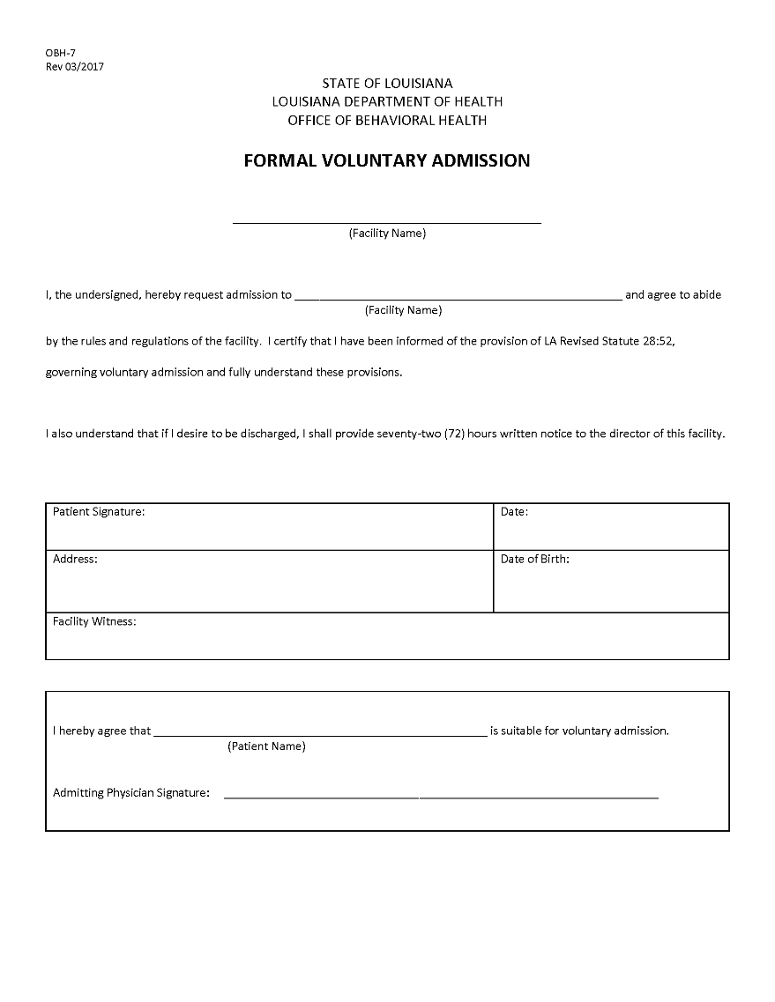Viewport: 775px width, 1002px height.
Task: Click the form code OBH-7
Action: coord(61,53)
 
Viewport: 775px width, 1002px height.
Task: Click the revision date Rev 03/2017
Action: coord(75,66)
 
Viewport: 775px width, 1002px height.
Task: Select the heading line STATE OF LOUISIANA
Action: coord(387,84)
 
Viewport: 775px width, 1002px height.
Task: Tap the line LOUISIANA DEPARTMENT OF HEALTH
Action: coord(387,102)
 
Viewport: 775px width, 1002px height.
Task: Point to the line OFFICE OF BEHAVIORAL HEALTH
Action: coord(387,121)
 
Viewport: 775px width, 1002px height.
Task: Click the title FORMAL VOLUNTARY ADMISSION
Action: coord(387,160)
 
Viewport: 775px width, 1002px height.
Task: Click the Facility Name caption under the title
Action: coord(387,234)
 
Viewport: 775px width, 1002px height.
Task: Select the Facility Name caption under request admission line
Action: coord(403,310)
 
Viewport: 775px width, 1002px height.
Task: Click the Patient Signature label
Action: coord(99,512)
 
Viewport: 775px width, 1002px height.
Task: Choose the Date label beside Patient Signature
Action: coord(514,512)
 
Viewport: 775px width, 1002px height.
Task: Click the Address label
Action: coord(75,560)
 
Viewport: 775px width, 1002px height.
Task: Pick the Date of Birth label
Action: coord(534,560)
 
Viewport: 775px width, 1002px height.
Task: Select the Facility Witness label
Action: coord(94,622)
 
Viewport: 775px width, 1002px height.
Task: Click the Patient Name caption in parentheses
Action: coord(266,746)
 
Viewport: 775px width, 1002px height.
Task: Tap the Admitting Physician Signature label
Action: coord(131,793)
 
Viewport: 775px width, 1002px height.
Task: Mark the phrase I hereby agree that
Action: coord(102,731)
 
